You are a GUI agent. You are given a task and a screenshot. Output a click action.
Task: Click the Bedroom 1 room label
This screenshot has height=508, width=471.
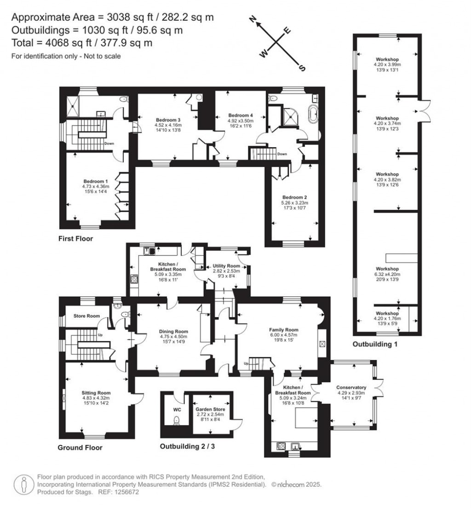tap(96, 181)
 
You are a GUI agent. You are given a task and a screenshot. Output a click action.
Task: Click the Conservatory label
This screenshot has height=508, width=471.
tap(350, 387)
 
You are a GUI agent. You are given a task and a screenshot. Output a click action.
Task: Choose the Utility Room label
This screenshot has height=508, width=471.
tap(226, 266)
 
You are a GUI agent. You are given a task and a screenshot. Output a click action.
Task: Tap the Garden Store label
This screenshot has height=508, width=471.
tap(212, 409)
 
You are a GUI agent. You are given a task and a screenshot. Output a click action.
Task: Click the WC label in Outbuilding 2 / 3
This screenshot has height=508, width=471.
tap(177, 409)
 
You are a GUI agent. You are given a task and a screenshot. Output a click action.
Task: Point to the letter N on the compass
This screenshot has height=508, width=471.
tap(252, 19)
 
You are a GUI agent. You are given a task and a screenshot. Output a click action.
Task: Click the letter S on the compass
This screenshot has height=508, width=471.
tap(302, 68)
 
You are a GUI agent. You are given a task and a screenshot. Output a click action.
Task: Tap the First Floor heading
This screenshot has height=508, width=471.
tap(75, 239)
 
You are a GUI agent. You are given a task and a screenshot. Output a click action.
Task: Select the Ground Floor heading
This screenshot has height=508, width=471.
tap(80, 447)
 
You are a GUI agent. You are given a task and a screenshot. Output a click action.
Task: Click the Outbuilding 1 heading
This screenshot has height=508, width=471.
tap(374, 344)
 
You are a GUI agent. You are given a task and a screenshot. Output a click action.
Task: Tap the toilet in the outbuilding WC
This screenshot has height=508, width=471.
tap(176, 421)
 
